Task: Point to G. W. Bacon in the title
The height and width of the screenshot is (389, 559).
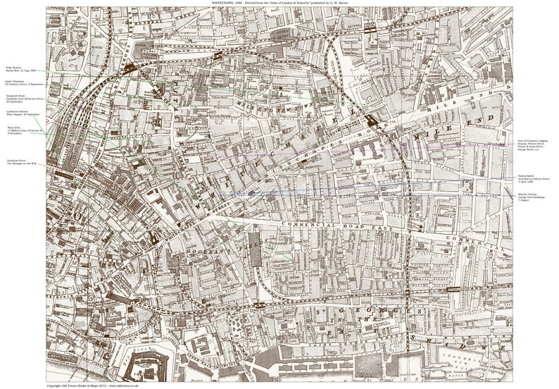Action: [x=348, y=3]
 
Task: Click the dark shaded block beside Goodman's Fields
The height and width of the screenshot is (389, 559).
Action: [x=255, y=254]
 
